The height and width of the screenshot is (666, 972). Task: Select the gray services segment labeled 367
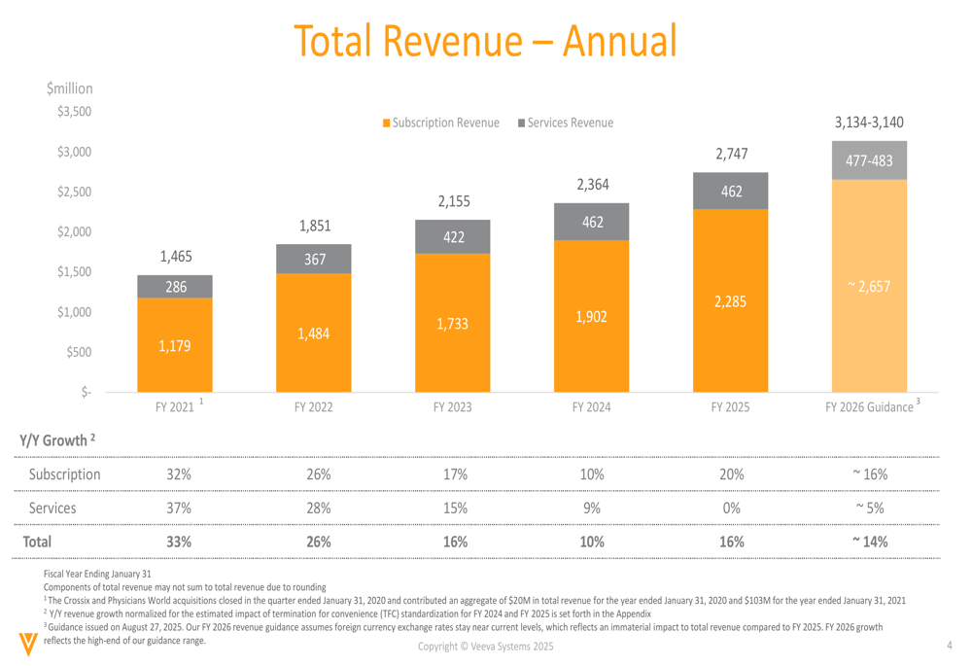click(x=315, y=260)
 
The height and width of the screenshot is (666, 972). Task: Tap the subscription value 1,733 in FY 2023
click(x=453, y=324)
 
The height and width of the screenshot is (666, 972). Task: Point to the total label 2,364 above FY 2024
click(x=592, y=185)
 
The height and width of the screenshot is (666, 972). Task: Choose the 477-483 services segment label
click(x=869, y=160)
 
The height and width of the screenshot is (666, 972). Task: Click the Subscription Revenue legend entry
click(x=442, y=123)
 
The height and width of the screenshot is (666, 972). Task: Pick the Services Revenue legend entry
click(x=566, y=123)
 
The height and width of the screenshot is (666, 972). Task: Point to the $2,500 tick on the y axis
click(x=74, y=192)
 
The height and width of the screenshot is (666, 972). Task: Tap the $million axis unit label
click(x=69, y=88)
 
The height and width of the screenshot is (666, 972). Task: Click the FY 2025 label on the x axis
click(x=731, y=407)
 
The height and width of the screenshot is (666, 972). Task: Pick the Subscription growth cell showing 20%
click(x=731, y=474)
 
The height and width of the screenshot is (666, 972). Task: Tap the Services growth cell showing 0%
click(x=731, y=508)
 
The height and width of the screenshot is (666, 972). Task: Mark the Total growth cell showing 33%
click(x=178, y=542)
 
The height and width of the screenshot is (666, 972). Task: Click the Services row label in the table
click(x=52, y=508)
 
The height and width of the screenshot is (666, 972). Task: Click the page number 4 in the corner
click(x=949, y=646)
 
